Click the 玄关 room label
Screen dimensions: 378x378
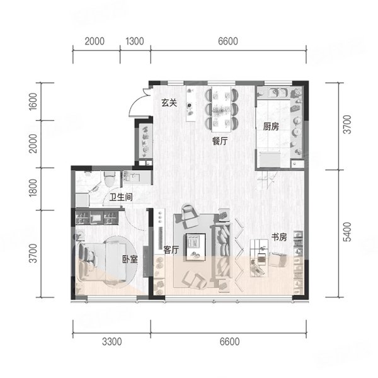169,103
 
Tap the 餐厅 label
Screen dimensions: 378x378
220,141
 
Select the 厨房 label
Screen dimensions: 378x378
271,127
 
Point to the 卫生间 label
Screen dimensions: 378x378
121,197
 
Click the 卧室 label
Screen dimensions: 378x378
130,259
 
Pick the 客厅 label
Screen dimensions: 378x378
171,250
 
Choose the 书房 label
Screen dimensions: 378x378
279,238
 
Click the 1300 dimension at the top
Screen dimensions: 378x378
135,41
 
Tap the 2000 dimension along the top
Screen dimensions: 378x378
94,41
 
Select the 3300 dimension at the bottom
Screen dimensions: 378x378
112,342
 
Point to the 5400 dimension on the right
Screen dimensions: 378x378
347,232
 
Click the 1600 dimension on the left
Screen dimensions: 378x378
33,101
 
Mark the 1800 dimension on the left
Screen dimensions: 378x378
33,188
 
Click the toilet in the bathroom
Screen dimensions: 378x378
109,179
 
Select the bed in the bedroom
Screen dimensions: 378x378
103,262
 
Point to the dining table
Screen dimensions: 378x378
221,109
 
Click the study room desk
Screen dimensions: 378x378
259,258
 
